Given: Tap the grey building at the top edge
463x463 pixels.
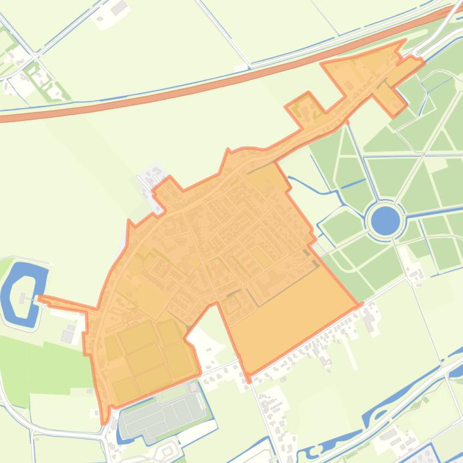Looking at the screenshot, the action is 119,8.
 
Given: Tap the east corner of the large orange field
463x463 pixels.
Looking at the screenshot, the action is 360,305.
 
